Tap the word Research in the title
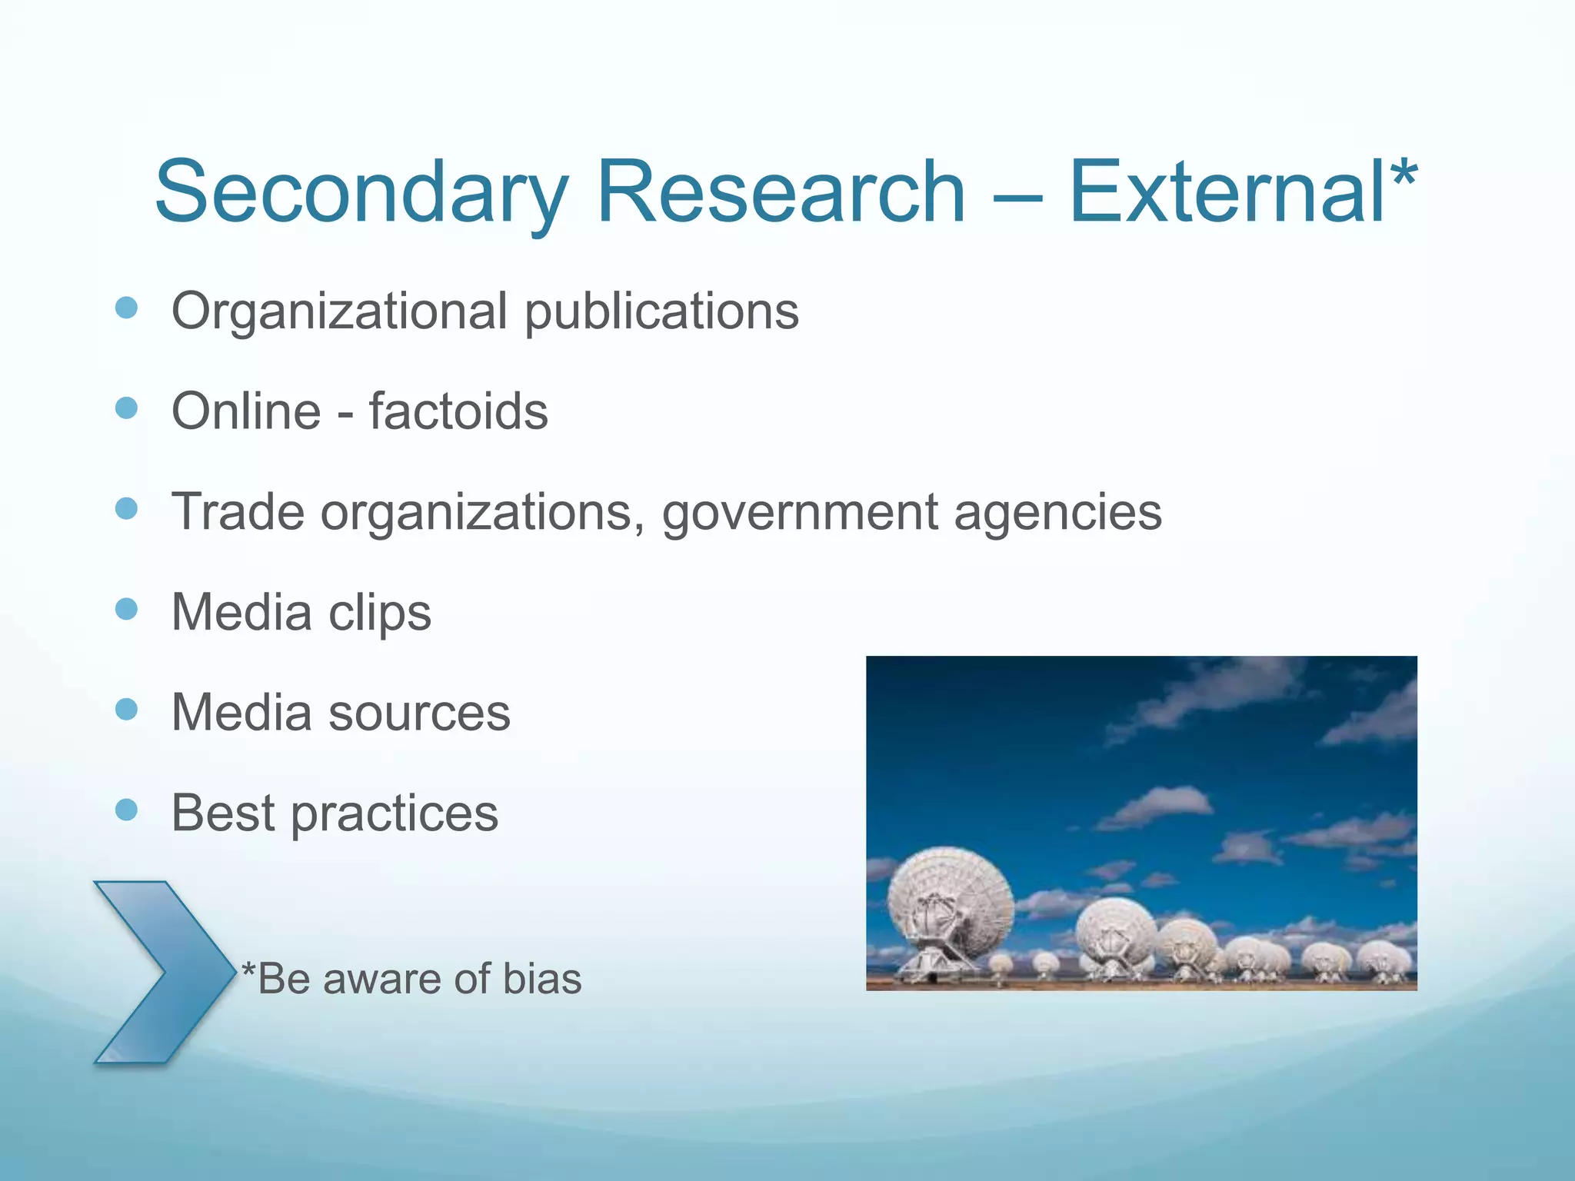(x=780, y=192)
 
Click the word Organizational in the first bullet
(x=339, y=312)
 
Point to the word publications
(x=661, y=312)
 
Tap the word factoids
(x=458, y=411)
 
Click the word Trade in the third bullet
(x=238, y=512)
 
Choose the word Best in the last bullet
(x=223, y=813)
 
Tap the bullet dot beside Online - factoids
(x=126, y=408)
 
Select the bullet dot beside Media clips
(x=126, y=609)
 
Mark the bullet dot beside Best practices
(x=126, y=809)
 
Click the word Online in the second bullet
(x=246, y=411)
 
